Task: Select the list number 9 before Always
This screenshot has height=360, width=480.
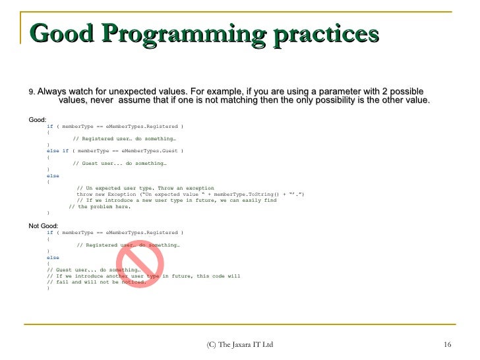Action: [32, 92]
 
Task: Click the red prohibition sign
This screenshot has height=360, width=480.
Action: [140, 268]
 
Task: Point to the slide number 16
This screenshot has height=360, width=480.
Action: [447, 345]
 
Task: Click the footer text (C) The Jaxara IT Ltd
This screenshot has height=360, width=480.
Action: [239, 345]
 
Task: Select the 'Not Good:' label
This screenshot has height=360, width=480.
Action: [44, 226]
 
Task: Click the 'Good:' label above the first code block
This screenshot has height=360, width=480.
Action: [38, 119]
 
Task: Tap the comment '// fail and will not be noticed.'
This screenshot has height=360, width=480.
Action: [96, 282]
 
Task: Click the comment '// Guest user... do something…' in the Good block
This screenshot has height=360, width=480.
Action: [119, 164]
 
